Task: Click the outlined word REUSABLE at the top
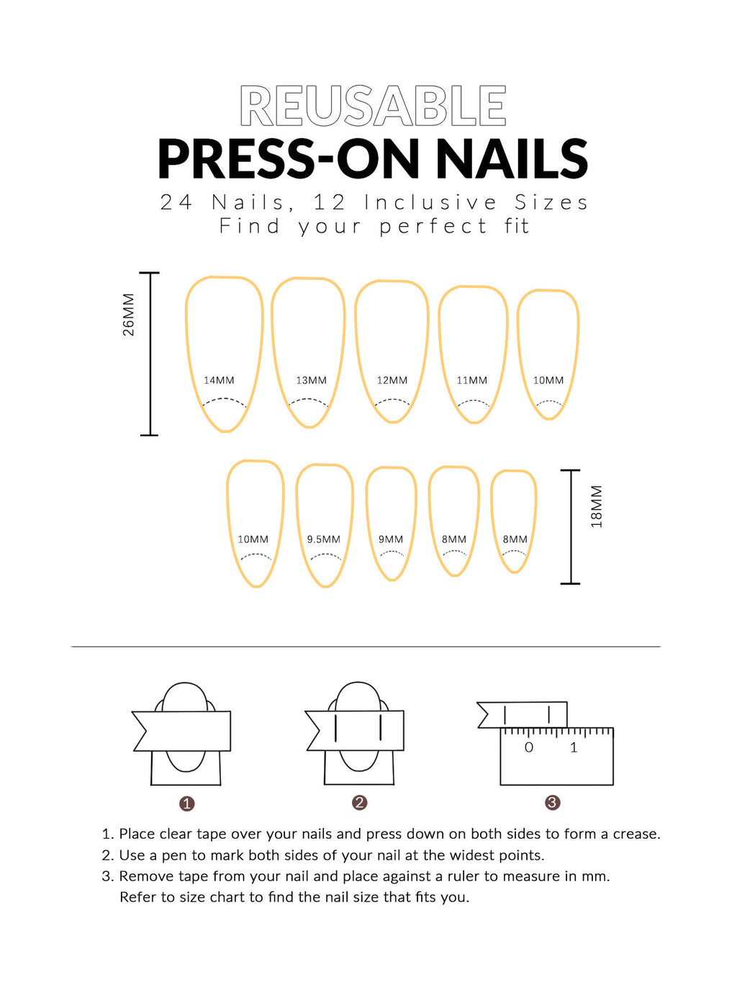click(373, 107)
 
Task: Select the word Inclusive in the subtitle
click(430, 202)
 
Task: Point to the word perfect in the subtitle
click(433, 226)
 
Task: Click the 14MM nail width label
click(219, 380)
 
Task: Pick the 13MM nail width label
click(311, 380)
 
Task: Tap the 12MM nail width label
click(392, 380)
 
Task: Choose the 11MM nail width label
click(471, 380)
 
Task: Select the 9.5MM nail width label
click(323, 539)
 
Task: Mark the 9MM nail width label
click(391, 539)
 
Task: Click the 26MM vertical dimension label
click(128, 315)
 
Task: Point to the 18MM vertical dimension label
click(597, 507)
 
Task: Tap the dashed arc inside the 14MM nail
click(224, 401)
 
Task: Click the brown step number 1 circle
click(187, 803)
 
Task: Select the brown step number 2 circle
click(360, 803)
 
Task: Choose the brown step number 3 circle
click(552, 803)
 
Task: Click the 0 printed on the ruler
click(529, 748)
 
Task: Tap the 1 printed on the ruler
click(574, 748)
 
